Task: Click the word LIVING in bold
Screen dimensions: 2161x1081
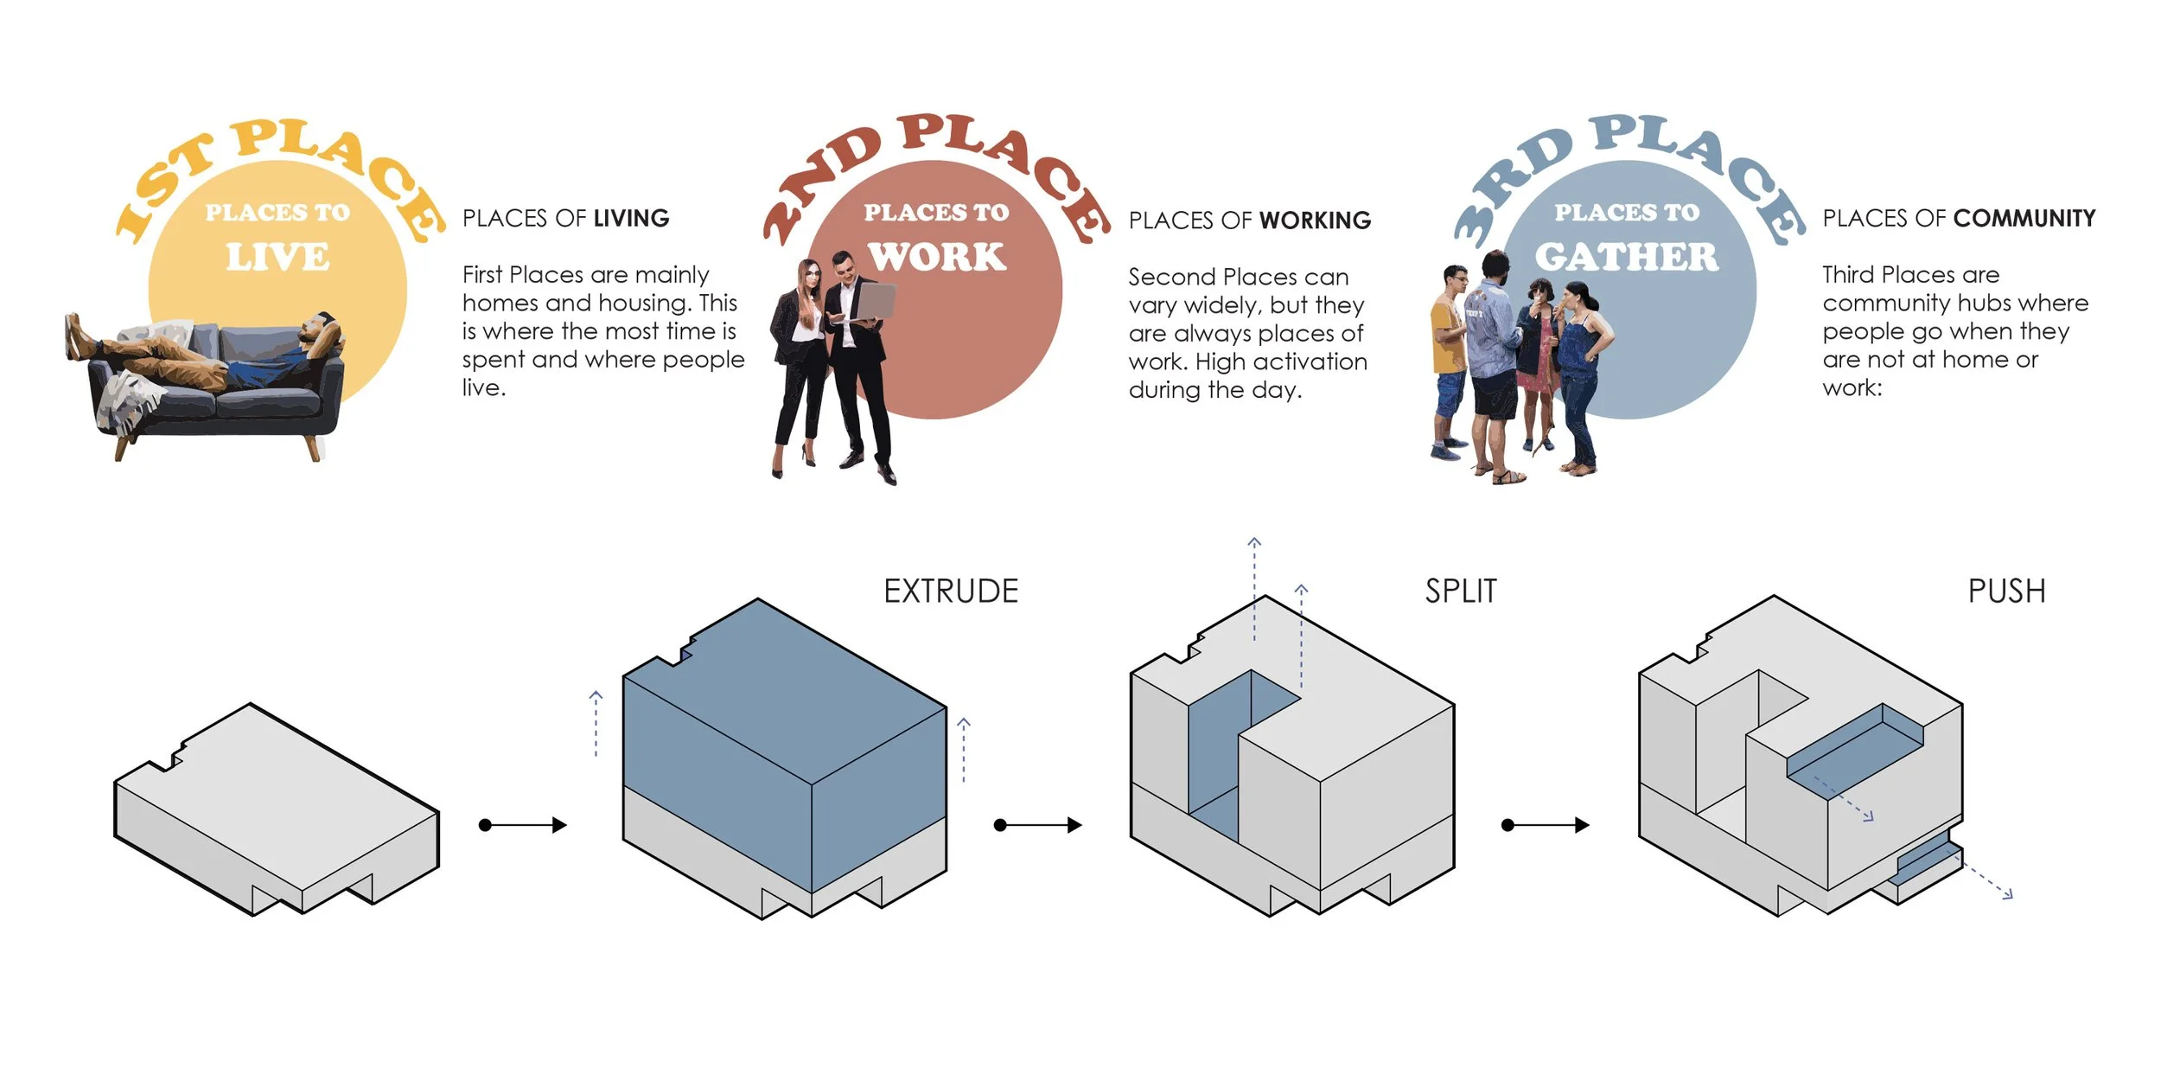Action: (631, 219)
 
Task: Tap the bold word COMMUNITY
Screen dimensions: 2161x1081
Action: (2024, 219)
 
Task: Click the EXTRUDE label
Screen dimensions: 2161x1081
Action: (951, 592)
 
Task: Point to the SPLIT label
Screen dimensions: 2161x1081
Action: (1461, 592)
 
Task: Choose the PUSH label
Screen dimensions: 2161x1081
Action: (2006, 592)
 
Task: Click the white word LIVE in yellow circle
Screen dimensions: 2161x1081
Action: (277, 258)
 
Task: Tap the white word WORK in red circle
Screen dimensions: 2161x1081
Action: (937, 258)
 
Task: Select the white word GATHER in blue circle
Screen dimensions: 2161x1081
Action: (1626, 258)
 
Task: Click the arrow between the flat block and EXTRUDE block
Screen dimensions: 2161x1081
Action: (523, 825)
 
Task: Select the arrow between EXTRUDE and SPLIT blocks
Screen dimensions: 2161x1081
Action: (1037, 825)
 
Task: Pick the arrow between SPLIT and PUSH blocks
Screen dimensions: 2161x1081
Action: (1546, 825)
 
